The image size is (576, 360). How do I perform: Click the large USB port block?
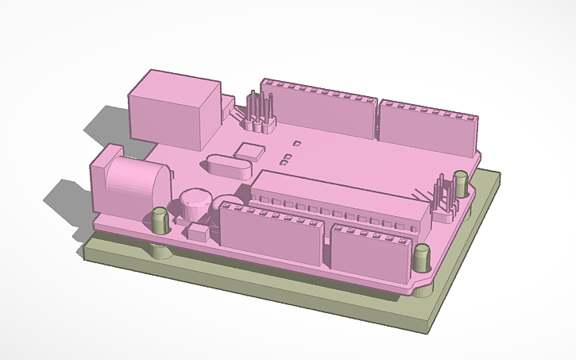point(173,109)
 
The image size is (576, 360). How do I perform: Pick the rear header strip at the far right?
point(429,127)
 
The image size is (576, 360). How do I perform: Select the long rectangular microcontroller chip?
point(342,199)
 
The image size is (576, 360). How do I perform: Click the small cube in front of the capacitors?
point(198,232)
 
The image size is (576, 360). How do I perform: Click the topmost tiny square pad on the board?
point(296,144)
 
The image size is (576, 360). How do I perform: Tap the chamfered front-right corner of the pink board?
point(421,284)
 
